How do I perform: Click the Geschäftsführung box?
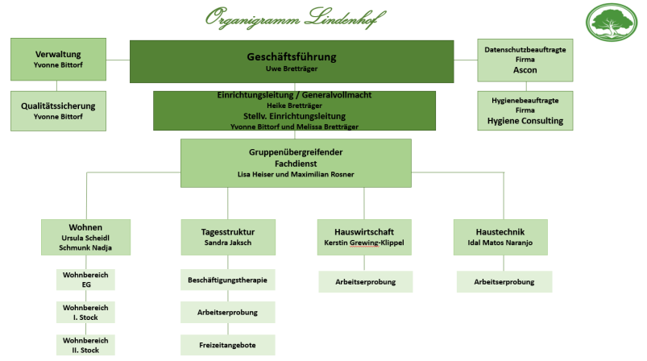click(x=291, y=61)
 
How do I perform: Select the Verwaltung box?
click(x=57, y=58)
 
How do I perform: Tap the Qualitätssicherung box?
click(x=57, y=110)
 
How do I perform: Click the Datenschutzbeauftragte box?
click(x=525, y=60)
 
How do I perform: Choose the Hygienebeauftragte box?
click(x=525, y=110)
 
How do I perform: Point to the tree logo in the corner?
click(x=616, y=27)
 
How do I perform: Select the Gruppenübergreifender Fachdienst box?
click(x=295, y=163)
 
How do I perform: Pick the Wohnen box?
click(x=85, y=237)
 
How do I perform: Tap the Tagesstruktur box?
click(x=227, y=236)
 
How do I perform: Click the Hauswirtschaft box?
click(x=363, y=236)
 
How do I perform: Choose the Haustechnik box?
click(x=500, y=236)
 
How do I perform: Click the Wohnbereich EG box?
click(x=85, y=280)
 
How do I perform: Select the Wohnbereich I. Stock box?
click(x=85, y=312)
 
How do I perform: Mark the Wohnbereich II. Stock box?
click(x=85, y=345)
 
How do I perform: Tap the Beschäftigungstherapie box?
click(x=227, y=280)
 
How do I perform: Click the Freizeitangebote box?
click(x=227, y=345)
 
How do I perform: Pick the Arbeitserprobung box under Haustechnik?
click(x=504, y=281)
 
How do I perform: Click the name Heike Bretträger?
click(x=294, y=106)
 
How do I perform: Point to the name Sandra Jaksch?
click(x=227, y=242)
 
